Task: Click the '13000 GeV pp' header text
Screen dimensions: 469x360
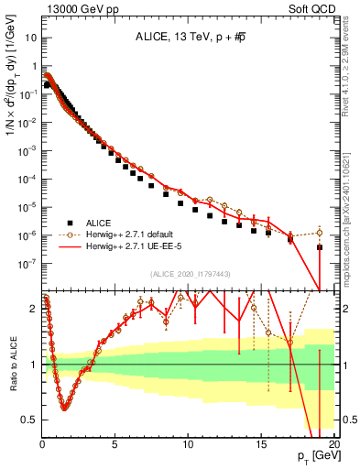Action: pos(75,8)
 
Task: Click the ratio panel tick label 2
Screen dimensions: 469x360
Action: pos(34,309)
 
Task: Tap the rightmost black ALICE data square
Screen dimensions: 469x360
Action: pos(319,247)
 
